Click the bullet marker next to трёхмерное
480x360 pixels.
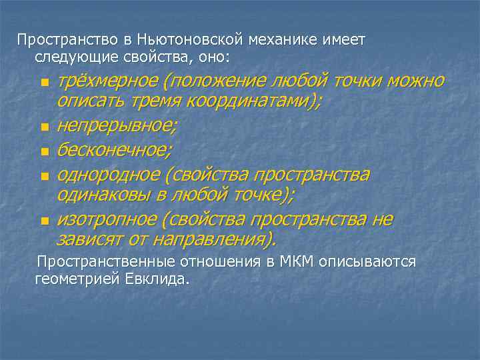coord(44,83)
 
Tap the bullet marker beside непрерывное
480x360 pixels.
coord(44,126)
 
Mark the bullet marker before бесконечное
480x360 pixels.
coord(44,151)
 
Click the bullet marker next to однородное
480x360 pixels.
coord(44,176)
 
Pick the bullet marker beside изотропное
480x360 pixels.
coord(44,221)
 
